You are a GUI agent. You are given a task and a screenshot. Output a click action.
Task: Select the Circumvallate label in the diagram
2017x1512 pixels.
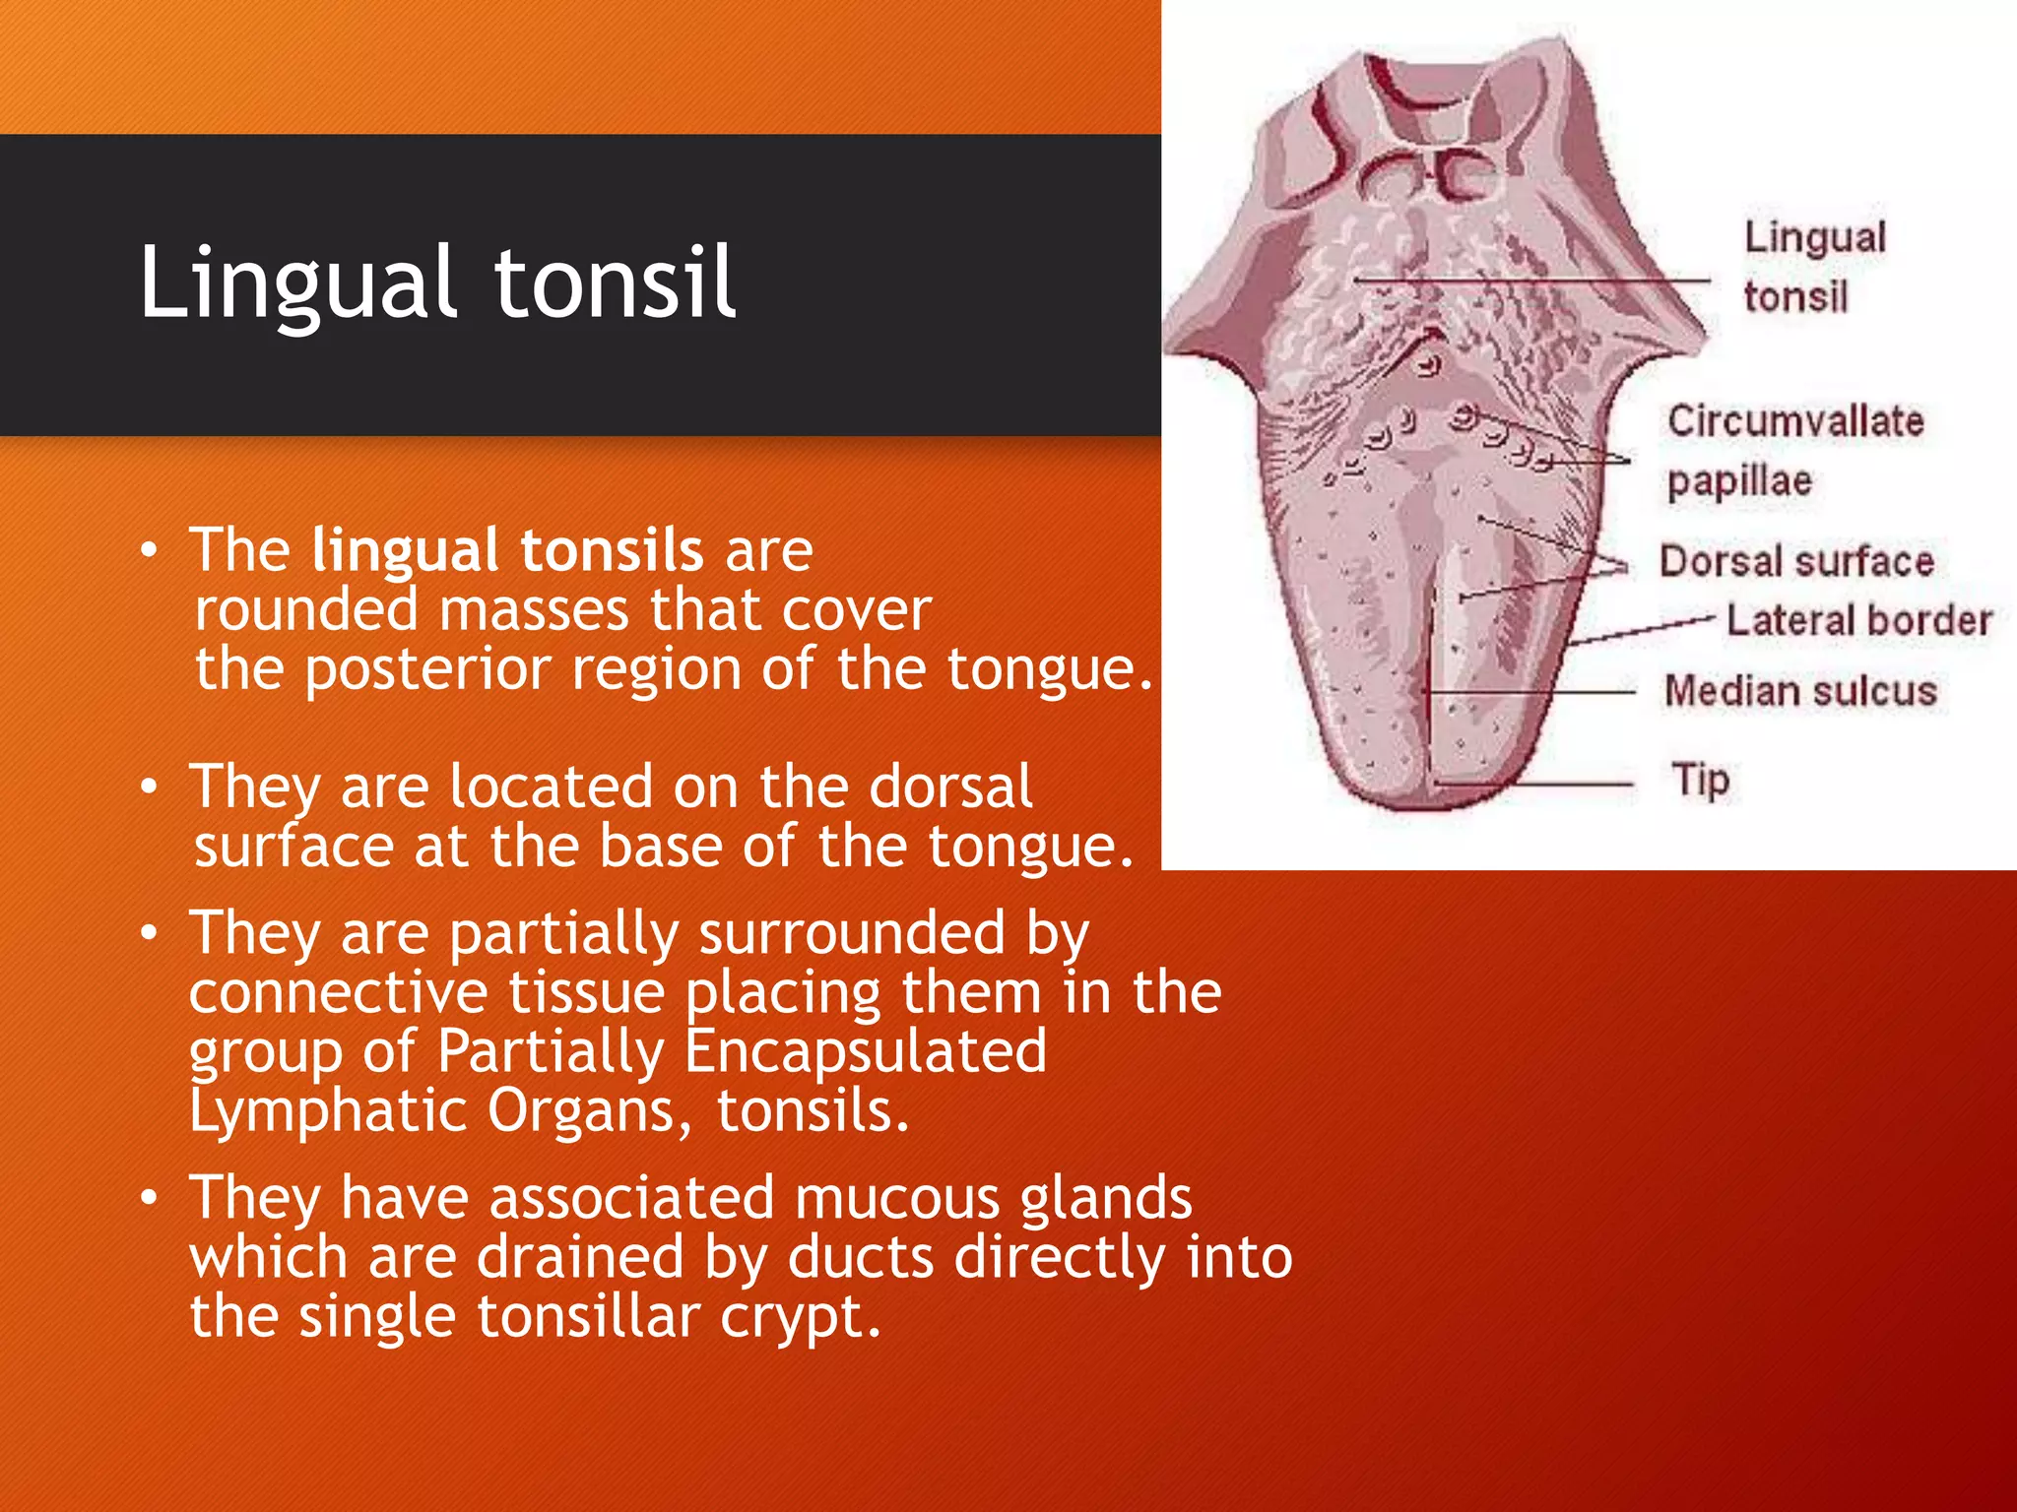click(x=1794, y=421)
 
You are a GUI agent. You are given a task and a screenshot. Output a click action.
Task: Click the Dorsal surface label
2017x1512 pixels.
click(x=1796, y=561)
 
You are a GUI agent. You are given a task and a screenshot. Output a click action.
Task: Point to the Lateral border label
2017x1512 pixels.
click(x=1858, y=620)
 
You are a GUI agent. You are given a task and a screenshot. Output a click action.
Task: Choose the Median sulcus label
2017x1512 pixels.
click(x=1800, y=691)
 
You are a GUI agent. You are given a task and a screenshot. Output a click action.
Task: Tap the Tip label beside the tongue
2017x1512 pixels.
click(x=1700, y=780)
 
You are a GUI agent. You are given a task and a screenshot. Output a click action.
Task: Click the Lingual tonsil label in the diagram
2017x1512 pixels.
click(x=1814, y=266)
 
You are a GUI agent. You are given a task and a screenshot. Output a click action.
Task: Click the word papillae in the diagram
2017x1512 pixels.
click(x=1739, y=481)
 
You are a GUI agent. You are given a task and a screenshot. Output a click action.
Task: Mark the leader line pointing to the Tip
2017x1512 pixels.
click(x=1536, y=785)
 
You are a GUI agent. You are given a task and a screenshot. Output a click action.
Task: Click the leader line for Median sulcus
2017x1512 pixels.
click(x=1536, y=693)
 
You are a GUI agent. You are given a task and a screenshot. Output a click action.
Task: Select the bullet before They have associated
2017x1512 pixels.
click(x=149, y=1198)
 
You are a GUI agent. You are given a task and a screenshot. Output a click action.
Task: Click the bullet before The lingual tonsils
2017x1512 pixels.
click(x=149, y=550)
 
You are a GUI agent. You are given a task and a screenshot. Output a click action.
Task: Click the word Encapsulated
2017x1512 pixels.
click(x=865, y=1050)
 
